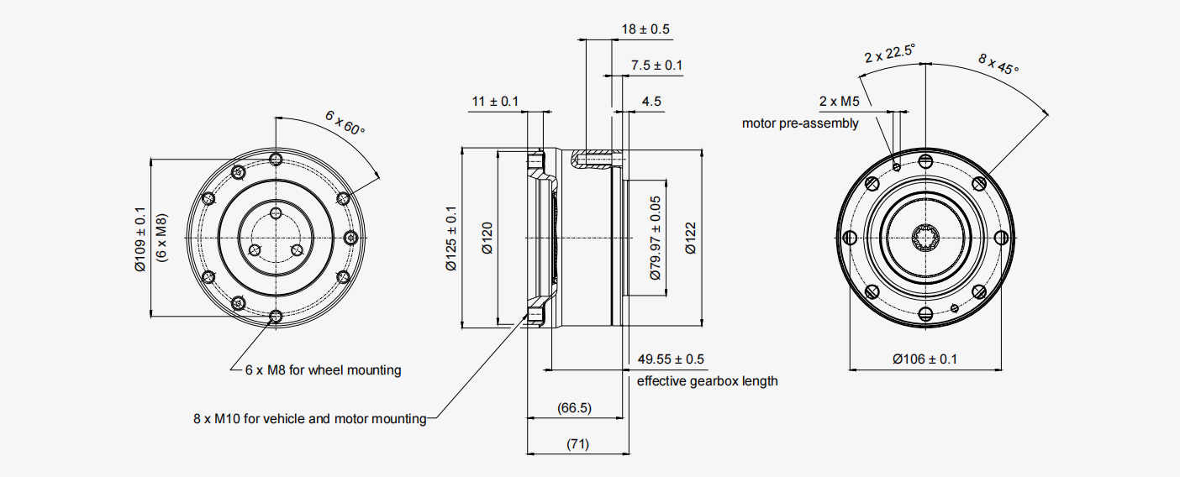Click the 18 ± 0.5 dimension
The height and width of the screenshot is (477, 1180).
pyautogui.click(x=645, y=29)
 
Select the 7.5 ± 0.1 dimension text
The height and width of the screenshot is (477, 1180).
pyautogui.click(x=656, y=66)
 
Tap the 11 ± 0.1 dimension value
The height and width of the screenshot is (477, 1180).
pyautogui.click(x=494, y=102)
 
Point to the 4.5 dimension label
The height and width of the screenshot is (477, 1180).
pyautogui.click(x=651, y=102)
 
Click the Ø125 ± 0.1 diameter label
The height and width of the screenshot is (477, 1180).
pyautogui.click(x=451, y=238)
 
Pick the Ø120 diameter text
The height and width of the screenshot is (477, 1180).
pyautogui.click(x=487, y=238)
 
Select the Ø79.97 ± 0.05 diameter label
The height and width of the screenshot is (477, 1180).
pyautogui.click(x=656, y=238)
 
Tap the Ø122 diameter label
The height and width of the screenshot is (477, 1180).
pyautogui.click(x=690, y=238)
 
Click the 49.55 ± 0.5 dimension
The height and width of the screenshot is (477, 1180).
pyautogui.click(x=671, y=359)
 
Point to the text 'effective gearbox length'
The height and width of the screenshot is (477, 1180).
pyautogui.click(x=707, y=381)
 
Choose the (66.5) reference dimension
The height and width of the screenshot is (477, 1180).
pyautogui.click(x=575, y=408)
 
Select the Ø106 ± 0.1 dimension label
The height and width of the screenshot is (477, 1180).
pyautogui.click(x=925, y=359)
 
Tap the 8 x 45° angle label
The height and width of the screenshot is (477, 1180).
pyautogui.click(x=998, y=64)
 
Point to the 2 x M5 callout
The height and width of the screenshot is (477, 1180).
pyautogui.click(x=839, y=102)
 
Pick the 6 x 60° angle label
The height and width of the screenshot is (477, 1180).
pyautogui.click(x=345, y=123)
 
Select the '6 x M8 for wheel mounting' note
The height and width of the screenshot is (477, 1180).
pyautogui.click(x=323, y=370)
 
